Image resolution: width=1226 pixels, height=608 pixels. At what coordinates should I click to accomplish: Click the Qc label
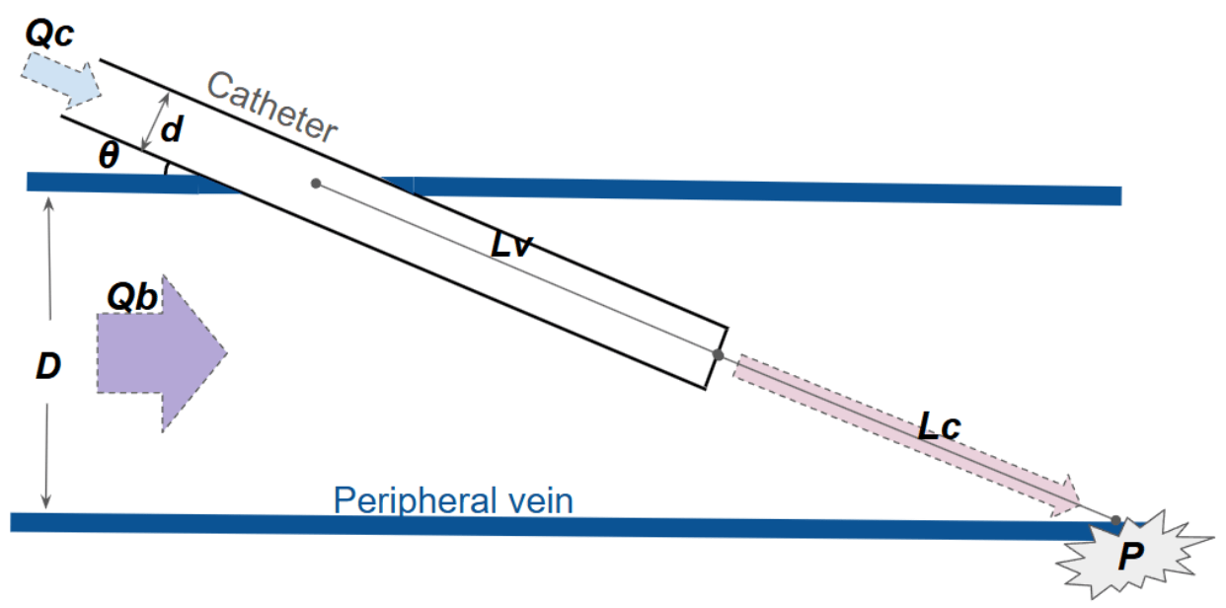[x=49, y=34]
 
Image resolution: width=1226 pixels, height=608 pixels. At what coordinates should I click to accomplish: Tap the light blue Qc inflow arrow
[x=61, y=80]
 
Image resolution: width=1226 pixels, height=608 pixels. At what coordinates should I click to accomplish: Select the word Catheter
[x=272, y=108]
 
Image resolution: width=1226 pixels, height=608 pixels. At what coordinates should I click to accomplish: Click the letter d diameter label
[x=172, y=129]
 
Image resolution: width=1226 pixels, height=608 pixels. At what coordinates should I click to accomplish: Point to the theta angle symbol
[x=109, y=154]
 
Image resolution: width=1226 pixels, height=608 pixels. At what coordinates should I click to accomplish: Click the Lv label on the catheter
[x=511, y=244]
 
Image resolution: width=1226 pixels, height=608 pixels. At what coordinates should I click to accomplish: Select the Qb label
[x=132, y=297]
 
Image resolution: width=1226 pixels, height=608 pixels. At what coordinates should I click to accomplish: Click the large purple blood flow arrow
[x=162, y=353]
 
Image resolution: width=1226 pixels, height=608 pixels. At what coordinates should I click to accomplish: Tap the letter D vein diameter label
[x=48, y=366]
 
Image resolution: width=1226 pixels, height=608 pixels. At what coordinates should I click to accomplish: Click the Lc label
[x=939, y=426]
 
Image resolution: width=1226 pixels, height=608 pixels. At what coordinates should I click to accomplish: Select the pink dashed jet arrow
[x=906, y=435]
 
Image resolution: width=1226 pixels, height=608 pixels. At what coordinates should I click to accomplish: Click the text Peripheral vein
[x=453, y=500]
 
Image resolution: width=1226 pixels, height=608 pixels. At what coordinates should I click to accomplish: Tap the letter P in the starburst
[x=1131, y=557]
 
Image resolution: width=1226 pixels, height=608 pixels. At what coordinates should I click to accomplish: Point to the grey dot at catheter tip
[x=718, y=355]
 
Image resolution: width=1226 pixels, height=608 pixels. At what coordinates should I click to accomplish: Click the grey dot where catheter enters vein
[x=316, y=184]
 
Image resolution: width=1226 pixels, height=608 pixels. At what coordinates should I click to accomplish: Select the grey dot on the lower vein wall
[x=1116, y=520]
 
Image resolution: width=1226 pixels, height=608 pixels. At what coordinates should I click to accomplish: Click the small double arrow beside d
[x=155, y=121]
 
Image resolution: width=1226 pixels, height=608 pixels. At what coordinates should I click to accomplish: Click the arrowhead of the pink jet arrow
[x=1065, y=496]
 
